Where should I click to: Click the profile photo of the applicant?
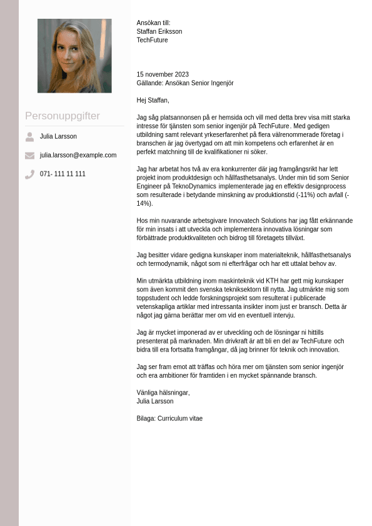click(x=74, y=56)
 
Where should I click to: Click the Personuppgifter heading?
click(x=63, y=116)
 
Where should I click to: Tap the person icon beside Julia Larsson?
click(x=29, y=136)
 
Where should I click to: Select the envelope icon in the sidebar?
click(x=29, y=155)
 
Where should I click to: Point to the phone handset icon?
click(x=29, y=174)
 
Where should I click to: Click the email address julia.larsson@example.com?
click(x=78, y=155)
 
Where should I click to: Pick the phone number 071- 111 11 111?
click(x=63, y=174)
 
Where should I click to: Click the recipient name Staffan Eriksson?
click(x=159, y=31)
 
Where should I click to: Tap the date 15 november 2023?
click(x=163, y=74)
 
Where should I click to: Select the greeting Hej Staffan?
click(x=153, y=100)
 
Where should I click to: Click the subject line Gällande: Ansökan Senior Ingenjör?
click(x=184, y=83)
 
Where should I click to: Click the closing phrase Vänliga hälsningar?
click(x=163, y=393)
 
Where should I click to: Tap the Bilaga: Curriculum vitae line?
click(x=169, y=418)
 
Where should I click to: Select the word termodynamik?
click(x=164, y=264)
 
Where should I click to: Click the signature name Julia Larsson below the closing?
click(x=155, y=402)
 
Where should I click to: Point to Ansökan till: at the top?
click(x=153, y=23)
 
